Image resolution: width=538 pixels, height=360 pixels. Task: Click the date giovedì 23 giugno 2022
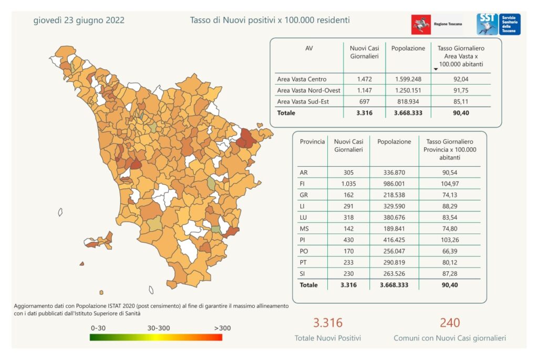point(79,20)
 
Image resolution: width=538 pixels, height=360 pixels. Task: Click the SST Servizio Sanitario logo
point(498,24)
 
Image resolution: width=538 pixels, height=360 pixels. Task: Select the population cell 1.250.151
point(408,90)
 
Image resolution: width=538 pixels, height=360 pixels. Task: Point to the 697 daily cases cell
point(364,101)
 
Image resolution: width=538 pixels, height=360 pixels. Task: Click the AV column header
point(309,48)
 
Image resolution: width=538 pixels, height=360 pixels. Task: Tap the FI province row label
point(303,183)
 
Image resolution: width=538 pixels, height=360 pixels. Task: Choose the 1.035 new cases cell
point(348,183)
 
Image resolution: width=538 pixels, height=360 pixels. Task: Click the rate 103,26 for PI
point(449,240)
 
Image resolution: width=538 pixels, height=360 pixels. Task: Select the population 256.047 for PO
point(394,251)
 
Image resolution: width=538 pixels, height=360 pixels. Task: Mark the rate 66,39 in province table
point(449,251)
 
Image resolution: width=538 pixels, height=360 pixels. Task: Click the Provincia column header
point(312,142)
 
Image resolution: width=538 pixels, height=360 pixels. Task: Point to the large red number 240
point(450,322)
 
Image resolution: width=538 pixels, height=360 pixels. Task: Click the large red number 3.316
point(327,323)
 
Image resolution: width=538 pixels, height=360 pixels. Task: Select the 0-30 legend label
point(99,328)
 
